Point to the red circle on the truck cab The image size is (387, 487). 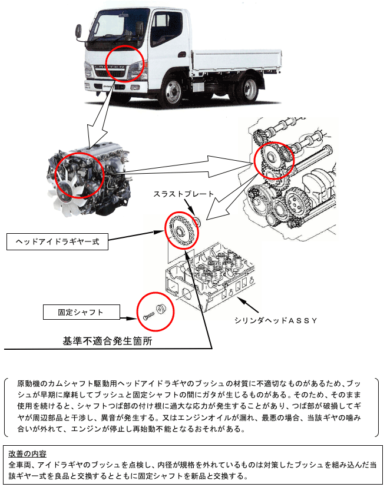[x=124, y=63]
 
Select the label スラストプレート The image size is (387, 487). [x=184, y=193]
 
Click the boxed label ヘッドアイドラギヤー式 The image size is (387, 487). [x=57, y=241]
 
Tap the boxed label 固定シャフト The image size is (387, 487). [x=81, y=312]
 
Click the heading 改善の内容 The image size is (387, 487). [x=29, y=453]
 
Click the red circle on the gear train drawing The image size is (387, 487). [x=273, y=160]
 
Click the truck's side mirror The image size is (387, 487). [x=141, y=28]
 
